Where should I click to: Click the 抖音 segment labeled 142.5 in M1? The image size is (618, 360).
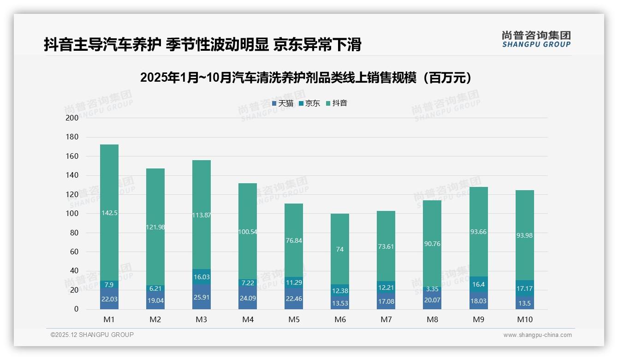coord(109,213)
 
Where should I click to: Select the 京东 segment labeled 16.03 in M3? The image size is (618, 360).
coord(202,276)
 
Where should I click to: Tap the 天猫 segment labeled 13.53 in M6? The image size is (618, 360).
coord(340,303)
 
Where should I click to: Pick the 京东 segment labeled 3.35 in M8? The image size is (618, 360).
coord(432,289)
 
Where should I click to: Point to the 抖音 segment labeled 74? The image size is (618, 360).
coord(340,249)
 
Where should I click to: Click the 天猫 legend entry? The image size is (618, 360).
coord(282,103)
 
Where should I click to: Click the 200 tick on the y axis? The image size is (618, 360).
coord(72,118)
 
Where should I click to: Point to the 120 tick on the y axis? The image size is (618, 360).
coord(72,194)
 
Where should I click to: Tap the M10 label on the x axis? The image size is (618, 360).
coord(524,319)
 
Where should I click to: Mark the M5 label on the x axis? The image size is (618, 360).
coord(294,319)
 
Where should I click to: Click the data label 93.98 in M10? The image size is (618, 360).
coord(524,235)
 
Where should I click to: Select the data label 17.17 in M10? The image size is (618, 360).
coord(524,288)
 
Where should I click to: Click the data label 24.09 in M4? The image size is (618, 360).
coord(248,298)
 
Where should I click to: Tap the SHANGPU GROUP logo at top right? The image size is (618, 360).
coord(536,39)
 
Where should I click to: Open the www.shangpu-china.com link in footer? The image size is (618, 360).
coord(537,335)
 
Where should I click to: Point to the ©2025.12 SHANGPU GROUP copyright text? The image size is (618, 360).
coord(92,335)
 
